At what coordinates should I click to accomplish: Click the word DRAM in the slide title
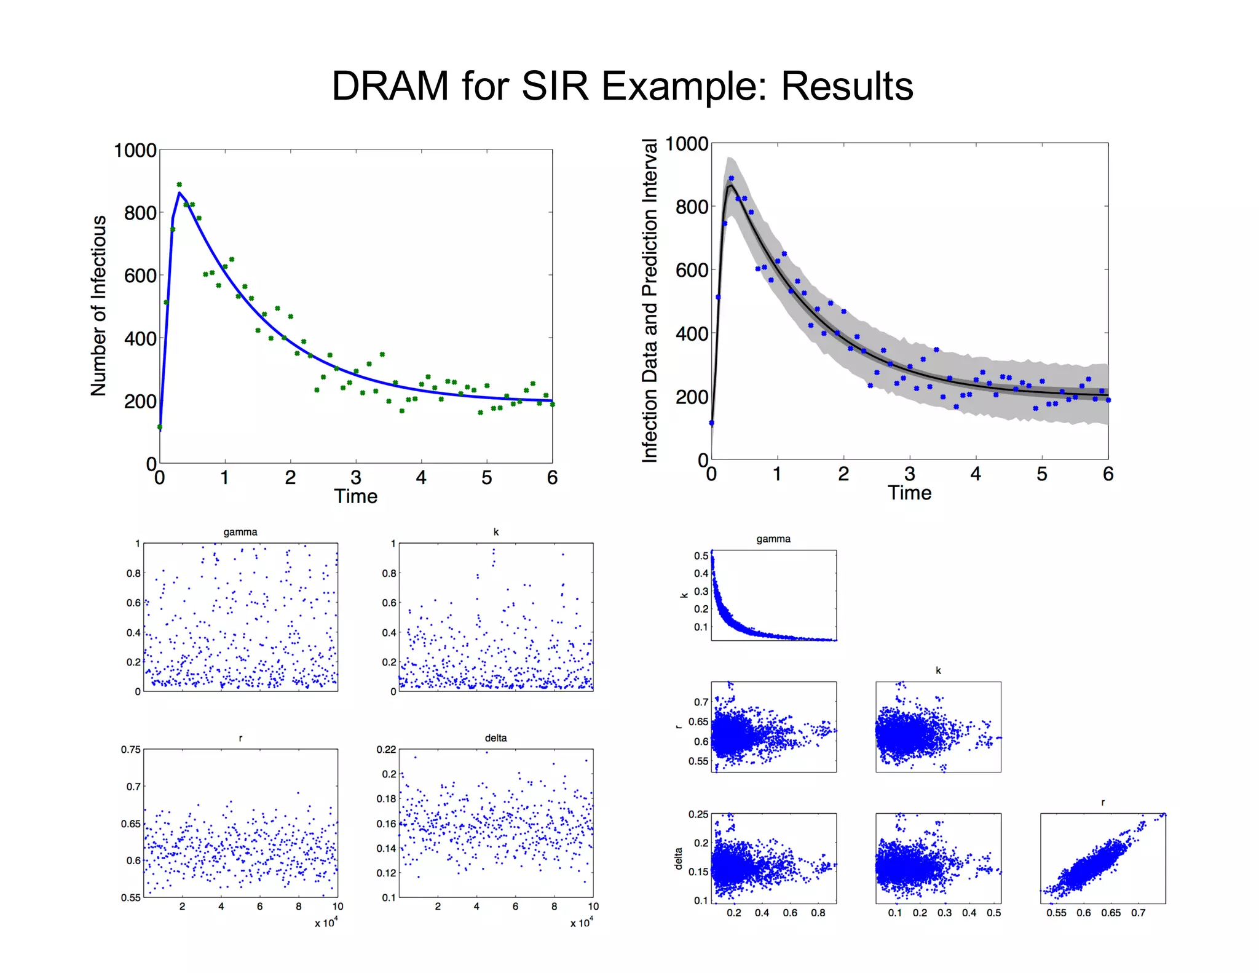click(x=390, y=86)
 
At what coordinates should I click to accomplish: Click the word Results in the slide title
click(x=847, y=86)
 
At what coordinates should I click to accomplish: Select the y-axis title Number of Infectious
click(x=98, y=306)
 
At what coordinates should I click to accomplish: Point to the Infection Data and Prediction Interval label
click(x=650, y=300)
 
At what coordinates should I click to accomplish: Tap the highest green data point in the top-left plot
click(x=179, y=185)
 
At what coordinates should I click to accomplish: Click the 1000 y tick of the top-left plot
click(x=135, y=151)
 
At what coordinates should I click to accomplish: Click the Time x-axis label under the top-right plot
click(x=909, y=493)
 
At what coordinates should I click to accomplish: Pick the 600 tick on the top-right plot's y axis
click(x=692, y=270)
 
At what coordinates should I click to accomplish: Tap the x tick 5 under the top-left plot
click(x=486, y=478)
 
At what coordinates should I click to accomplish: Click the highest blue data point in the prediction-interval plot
click(x=731, y=178)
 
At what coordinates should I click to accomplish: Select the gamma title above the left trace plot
click(x=240, y=532)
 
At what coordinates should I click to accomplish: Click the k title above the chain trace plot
click(x=496, y=532)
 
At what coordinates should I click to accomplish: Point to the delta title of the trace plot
click(x=495, y=738)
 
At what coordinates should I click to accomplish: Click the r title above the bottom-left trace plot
click(x=240, y=738)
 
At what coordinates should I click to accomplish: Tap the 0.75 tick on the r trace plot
click(x=130, y=749)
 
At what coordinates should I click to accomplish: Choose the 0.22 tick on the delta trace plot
click(x=386, y=749)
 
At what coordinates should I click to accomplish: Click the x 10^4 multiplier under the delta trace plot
click(x=581, y=923)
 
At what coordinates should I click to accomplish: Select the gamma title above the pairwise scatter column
click(x=773, y=539)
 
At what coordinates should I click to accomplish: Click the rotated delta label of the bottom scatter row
click(x=679, y=859)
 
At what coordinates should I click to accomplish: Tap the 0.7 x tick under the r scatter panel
click(x=1138, y=913)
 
